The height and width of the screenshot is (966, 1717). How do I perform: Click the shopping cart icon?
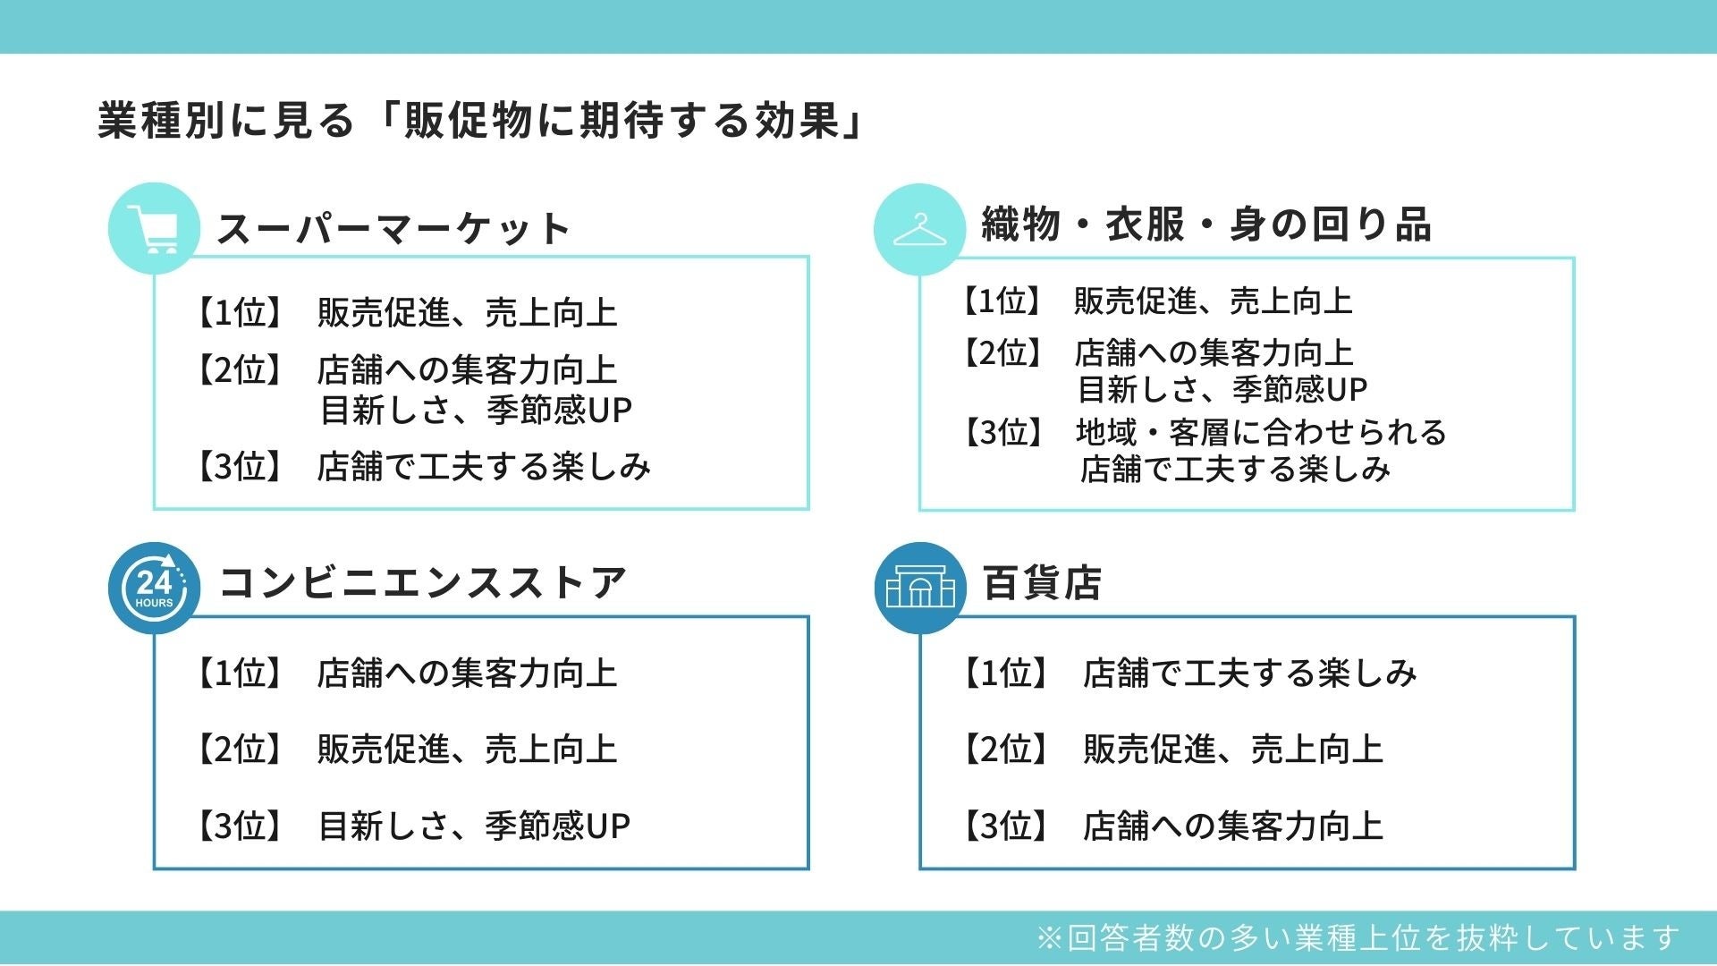click(x=153, y=229)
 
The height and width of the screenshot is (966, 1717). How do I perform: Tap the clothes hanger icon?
click(x=919, y=229)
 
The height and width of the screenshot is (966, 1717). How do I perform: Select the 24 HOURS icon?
click(x=154, y=588)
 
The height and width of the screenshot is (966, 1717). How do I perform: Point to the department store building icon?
click(x=920, y=588)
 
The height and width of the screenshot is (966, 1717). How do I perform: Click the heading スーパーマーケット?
click(x=393, y=229)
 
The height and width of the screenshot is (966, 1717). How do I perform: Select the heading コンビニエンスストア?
click(x=422, y=583)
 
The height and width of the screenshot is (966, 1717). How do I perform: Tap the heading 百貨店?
click(x=1042, y=583)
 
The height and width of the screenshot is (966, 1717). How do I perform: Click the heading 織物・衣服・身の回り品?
click(x=1205, y=225)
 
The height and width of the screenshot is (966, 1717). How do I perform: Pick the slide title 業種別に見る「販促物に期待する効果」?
click(x=481, y=121)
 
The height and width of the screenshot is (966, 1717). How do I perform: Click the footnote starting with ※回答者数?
click(x=1358, y=937)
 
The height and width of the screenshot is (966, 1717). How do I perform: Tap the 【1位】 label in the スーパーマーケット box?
click(x=238, y=313)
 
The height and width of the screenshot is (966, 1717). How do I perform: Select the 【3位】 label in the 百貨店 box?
click(x=1003, y=826)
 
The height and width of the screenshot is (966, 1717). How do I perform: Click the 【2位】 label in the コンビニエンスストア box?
click(x=238, y=750)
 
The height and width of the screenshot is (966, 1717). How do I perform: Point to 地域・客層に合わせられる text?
click(x=1261, y=433)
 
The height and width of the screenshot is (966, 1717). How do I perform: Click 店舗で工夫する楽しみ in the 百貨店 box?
click(x=1249, y=674)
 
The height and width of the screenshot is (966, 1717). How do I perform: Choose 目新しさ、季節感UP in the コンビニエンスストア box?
click(x=474, y=826)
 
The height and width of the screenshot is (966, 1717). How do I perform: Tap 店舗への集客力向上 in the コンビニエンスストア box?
click(x=467, y=674)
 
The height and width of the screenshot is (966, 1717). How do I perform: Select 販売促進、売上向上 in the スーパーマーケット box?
click(x=467, y=313)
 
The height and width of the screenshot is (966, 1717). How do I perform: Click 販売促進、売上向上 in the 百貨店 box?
click(x=1232, y=750)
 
